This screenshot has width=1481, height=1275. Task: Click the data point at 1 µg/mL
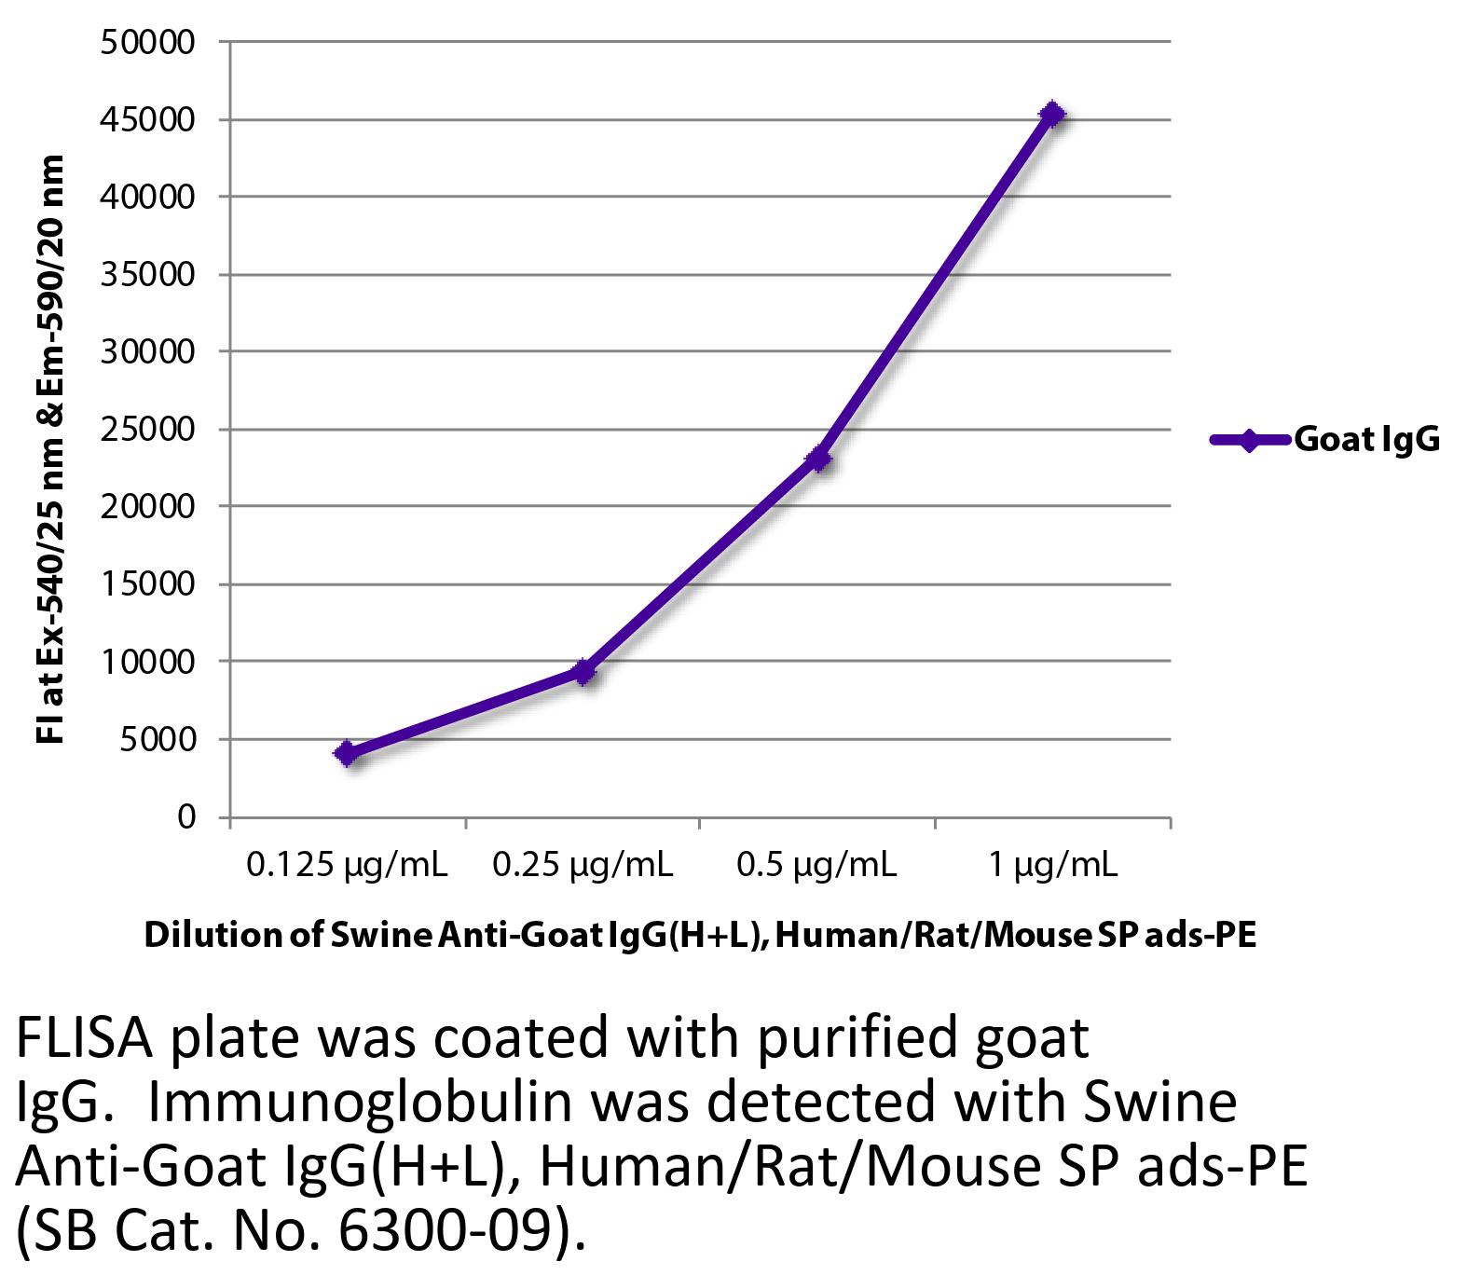pyautogui.click(x=1052, y=114)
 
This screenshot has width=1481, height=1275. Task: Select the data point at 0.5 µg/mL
pyautogui.click(x=818, y=459)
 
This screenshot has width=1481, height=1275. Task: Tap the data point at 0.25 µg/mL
pyautogui.click(x=583, y=671)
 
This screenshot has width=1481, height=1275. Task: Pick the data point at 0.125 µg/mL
pyautogui.click(x=348, y=753)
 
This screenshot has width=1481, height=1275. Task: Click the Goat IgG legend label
pyautogui.click(x=1366, y=439)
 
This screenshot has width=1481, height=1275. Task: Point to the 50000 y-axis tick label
pyautogui.click(x=149, y=42)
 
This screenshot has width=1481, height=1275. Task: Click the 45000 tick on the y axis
pyautogui.click(x=149, y=119)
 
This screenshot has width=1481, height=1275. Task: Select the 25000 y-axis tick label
pyautogui.click(x=149, y=430)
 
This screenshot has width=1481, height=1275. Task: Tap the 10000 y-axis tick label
pyautogui.click(x=149, y=662)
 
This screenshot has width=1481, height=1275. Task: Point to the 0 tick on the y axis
pyautogui.click(x=186, y=816)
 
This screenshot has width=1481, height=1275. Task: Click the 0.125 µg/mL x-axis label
pyautogui.click(x=347, y=866)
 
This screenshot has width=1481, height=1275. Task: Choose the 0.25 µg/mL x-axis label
pyautogui.click(x=583, y=866)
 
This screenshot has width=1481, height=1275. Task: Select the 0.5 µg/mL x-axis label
pyautogui.click(x=816, y=866)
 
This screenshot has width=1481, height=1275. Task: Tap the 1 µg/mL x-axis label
pyautogui.click(x=1052, y=866)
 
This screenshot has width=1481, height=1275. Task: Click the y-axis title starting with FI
pyautogui.click(x=51, y=449)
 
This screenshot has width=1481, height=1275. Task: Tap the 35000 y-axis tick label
pyautogui.click(x=149, y=274)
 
